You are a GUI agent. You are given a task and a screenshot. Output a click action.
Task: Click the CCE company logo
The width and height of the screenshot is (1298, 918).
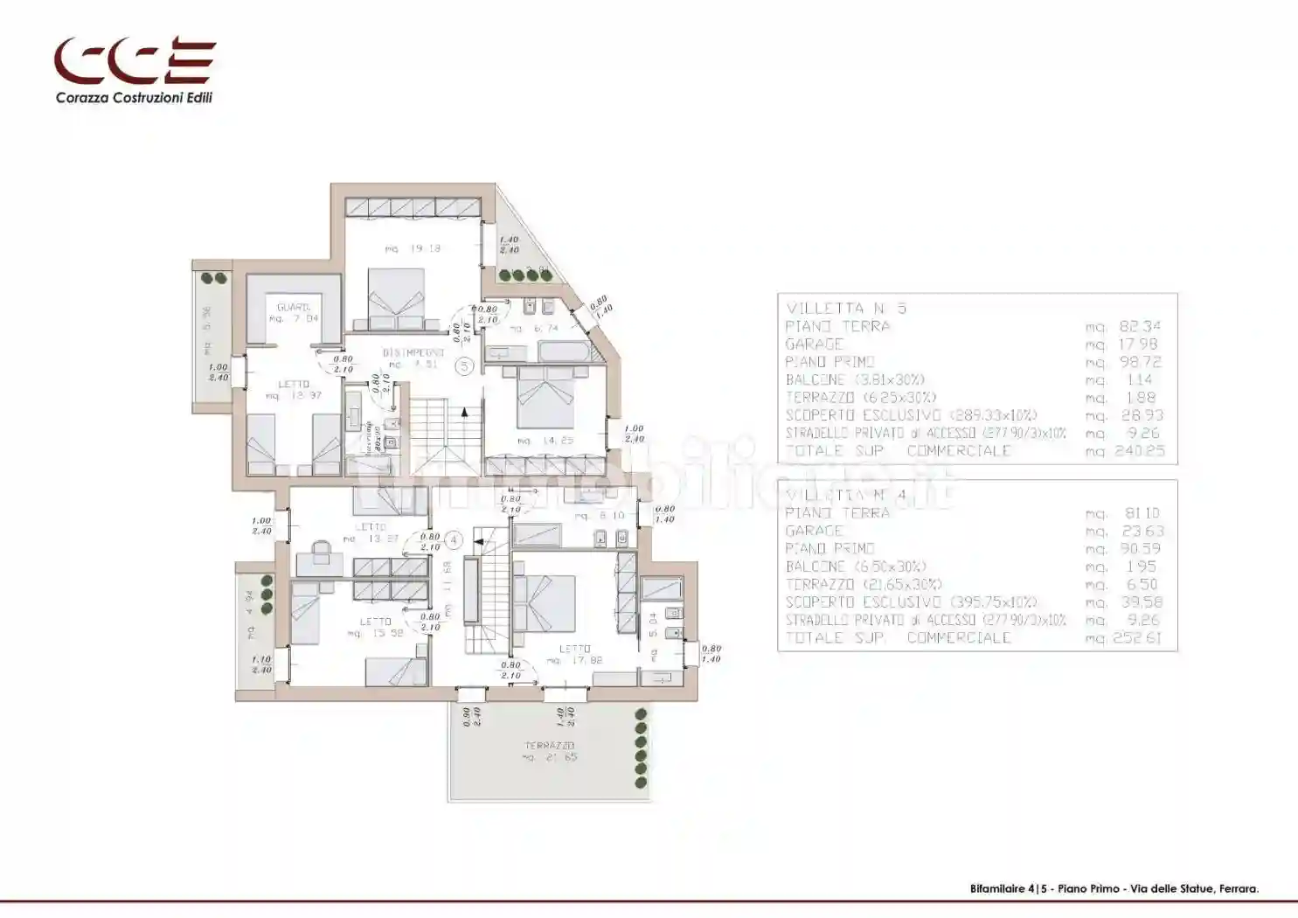pos(135,61)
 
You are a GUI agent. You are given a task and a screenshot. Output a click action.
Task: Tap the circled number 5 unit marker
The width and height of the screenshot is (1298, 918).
pos(465,367)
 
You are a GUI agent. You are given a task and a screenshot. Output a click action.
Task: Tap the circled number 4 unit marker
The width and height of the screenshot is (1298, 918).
pos(453,541)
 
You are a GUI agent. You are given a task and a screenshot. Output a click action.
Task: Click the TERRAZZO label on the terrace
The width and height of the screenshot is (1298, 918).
pos(549,746)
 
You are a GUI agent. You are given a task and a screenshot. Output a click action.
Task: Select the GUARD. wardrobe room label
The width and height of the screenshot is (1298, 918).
pos(294,308)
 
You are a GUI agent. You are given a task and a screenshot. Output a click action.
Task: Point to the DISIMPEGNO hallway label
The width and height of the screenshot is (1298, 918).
pos(413,353)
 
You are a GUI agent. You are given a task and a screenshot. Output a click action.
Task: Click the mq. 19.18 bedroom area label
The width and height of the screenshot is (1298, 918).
pos(413,249)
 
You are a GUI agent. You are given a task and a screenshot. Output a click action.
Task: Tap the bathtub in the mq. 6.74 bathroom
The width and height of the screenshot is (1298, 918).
pos(565,351)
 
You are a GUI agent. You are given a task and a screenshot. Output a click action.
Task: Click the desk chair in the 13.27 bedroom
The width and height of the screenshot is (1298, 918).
pos(320,551)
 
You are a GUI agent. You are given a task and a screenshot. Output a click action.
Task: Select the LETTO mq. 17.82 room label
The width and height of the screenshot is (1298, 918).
pos(574,655)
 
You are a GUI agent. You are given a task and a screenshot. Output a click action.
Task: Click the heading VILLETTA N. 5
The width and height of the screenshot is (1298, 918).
pos(845,309)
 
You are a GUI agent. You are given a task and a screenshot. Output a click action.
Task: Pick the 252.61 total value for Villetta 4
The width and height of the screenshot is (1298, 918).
pos(1136,638)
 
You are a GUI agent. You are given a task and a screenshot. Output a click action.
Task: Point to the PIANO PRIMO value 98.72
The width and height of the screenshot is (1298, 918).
pos(1141,362)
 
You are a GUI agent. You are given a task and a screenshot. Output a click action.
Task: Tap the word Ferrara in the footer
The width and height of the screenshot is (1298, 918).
pos(1239,889)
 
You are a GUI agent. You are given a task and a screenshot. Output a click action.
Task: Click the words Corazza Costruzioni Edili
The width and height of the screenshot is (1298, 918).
pos(134,98)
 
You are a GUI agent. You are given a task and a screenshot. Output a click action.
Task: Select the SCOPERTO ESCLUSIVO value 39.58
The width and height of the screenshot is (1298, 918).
pos(1141,602)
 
